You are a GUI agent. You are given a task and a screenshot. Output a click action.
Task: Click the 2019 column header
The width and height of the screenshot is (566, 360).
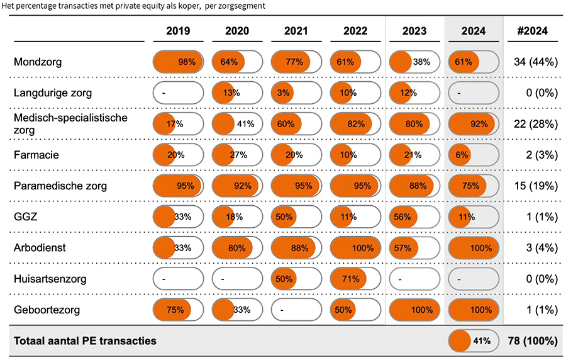click(x=179, y=31)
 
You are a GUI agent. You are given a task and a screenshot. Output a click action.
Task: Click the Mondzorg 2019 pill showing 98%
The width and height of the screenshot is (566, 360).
click(x=179, y=62)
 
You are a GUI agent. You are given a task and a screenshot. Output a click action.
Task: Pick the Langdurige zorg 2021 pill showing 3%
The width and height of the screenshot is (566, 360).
click(x=296, y=93)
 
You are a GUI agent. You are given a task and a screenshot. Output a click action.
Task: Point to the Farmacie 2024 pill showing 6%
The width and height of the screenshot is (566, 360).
click(x=474, y=155)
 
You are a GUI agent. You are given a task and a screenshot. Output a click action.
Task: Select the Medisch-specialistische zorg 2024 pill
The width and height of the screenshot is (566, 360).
click(x=474, y=124)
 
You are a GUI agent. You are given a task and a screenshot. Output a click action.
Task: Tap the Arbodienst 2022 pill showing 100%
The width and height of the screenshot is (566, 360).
click(x=355, y=248)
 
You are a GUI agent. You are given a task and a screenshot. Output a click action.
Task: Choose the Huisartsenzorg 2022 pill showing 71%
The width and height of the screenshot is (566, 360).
click(x=355, y=279)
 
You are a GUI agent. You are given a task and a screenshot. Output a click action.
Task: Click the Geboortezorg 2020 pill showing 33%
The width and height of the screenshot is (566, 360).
click(x=237, y=310)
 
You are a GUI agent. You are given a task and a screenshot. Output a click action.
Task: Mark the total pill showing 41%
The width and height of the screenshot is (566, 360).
click(x=474, y=341)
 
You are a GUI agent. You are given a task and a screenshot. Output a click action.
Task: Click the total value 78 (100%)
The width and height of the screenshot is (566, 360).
click(x=533, y=341)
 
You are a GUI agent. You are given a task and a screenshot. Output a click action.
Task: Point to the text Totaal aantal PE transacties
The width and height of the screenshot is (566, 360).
click(x=85, y=341)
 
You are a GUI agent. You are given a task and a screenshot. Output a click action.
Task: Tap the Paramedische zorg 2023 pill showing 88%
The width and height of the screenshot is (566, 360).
click(x=414, y=186)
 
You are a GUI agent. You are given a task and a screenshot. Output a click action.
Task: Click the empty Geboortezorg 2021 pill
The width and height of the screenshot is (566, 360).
click(x=296, y=310)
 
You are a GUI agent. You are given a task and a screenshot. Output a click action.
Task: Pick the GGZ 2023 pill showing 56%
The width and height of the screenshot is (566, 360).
click(x=414, y=217)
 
